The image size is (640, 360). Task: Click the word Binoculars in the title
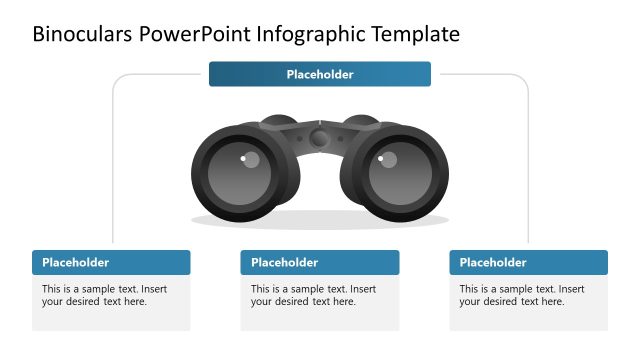(82, 34)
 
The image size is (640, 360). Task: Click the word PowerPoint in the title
(196, 34)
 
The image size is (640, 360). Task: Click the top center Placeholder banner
(320, 74)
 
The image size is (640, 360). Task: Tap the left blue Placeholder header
(111, 262)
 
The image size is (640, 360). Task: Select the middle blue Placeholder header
(320, 262)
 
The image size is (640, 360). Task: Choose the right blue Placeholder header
(529, 262)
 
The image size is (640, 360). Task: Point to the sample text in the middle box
(313, 295)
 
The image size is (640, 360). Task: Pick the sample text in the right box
(522, 295)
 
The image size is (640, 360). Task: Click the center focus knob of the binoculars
(319, 138)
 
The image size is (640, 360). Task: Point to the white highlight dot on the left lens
(242, 158)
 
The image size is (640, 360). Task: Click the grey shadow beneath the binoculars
(320, 220)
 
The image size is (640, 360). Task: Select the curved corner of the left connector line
(117, 79)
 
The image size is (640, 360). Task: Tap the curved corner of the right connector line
(523, 79)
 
